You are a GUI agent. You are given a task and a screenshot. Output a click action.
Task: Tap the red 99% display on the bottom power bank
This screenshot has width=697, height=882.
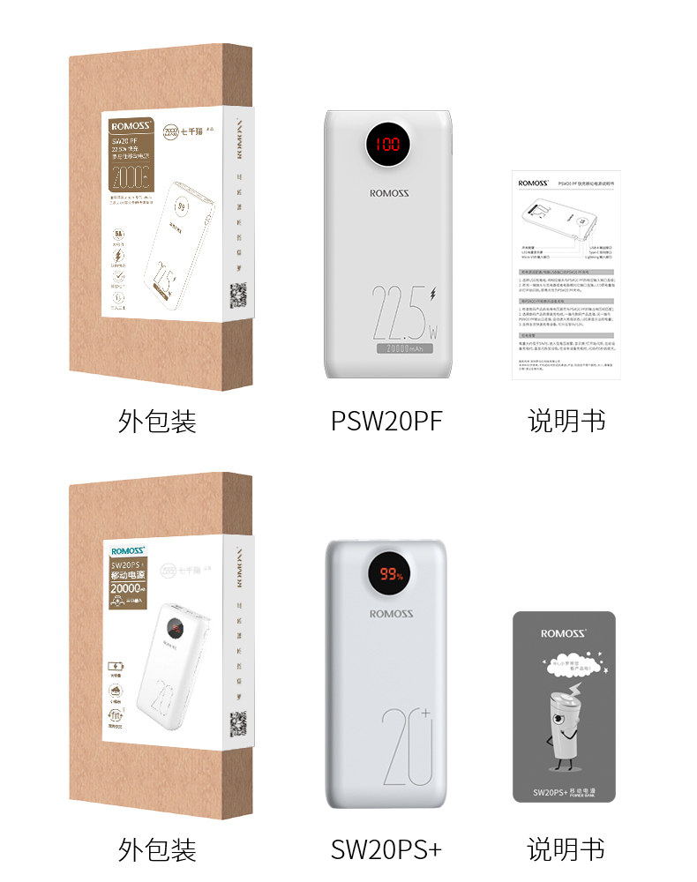(391, 575)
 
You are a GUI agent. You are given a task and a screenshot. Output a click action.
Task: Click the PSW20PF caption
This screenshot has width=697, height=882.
(386, 421)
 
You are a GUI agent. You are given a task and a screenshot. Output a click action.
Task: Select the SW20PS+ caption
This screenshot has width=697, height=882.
(386, 849)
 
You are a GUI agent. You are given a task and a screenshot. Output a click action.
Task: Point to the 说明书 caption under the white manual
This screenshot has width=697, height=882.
(566, 421)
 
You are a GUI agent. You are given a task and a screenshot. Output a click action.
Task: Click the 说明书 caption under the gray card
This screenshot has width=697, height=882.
(566, 849)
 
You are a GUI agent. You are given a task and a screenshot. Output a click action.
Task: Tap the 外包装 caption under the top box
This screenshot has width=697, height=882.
(157, 421)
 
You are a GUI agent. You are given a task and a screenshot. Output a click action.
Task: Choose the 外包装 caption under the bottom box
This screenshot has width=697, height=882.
(157, 849)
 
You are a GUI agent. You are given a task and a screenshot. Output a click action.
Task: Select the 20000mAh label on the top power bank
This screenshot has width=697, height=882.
(403, 349)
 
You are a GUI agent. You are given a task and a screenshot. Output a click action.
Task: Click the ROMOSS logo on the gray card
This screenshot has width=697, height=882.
(564, 633)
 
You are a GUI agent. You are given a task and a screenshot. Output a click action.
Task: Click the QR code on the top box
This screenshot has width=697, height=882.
(238, 293)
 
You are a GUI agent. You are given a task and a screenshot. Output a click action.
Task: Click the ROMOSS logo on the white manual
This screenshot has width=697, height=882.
(534, 183)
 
